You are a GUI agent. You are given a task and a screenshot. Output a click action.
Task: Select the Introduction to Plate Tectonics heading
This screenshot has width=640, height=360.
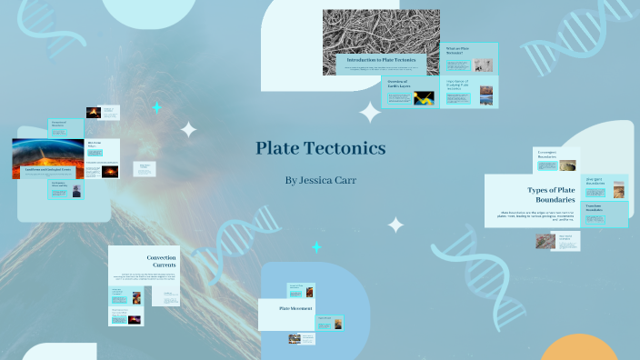(x=381, y=60)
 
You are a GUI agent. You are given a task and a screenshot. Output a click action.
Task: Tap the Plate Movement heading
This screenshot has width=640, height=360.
(x=296, y=309)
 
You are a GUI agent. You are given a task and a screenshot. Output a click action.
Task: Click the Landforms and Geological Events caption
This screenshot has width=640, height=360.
(x=48, y=169)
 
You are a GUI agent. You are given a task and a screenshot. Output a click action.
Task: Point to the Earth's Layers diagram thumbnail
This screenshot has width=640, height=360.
(x=425, y=98)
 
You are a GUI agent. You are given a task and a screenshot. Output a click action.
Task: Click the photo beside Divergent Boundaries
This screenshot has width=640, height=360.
(x=618, y=188)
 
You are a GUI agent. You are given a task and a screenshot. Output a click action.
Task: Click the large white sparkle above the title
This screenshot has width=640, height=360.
(x=370, y=112)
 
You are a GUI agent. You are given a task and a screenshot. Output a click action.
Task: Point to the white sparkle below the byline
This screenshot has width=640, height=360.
(x=395, y=225)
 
